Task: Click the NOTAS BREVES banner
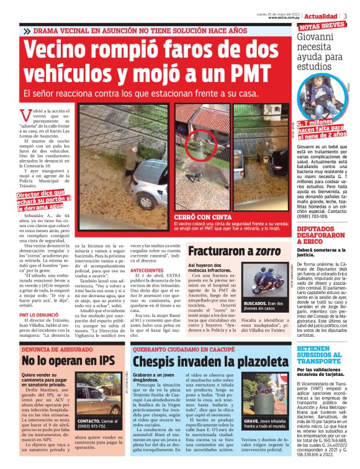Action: click(x=323, y=27)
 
